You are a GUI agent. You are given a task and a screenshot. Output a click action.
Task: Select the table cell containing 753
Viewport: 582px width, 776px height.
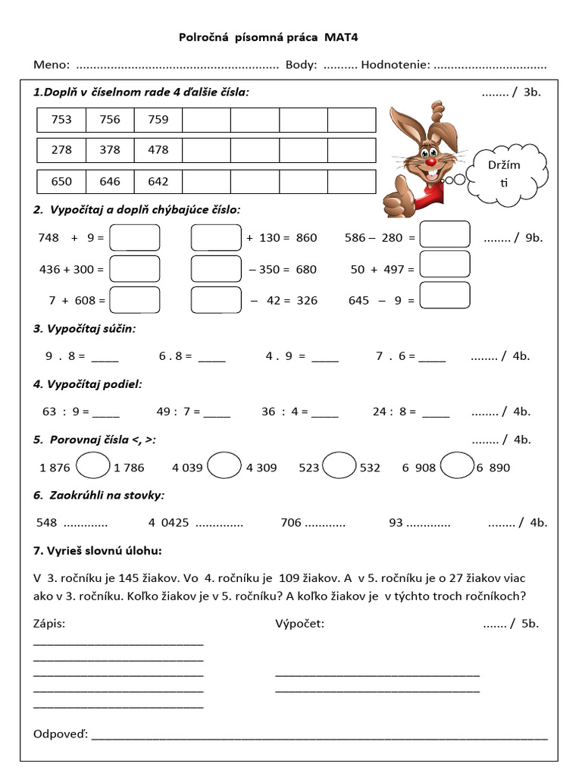pos(61,119)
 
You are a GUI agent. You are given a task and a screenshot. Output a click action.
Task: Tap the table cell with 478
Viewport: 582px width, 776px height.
pos(158,150)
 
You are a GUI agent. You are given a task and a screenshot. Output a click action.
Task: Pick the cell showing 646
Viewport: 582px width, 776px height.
pos(110,181)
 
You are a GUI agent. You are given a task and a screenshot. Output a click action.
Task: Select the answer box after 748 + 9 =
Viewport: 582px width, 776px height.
pos(135,237)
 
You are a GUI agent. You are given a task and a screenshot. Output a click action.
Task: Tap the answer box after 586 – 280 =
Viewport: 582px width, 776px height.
pos(445,234)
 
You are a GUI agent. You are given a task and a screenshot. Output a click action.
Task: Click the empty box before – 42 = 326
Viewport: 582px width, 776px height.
pos(216,299)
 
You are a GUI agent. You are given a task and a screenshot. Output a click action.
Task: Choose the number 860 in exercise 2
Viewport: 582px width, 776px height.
pos(306,238)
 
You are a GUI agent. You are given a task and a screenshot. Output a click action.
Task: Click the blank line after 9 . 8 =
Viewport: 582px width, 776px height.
pos(105,356)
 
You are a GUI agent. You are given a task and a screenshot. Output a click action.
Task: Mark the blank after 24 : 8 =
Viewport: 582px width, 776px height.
pos(436,412)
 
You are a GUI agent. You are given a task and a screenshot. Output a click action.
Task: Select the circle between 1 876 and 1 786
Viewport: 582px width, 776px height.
pos(92,465)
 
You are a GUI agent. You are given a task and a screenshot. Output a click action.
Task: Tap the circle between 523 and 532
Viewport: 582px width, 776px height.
pos(339,465)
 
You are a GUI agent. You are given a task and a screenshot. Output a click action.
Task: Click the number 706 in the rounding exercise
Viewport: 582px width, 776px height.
pos(291,522)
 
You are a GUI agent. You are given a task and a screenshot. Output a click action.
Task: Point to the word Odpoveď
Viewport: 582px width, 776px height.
pos(61,734)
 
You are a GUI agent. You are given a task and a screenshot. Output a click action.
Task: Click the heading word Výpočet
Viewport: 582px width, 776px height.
pos(299,624)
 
